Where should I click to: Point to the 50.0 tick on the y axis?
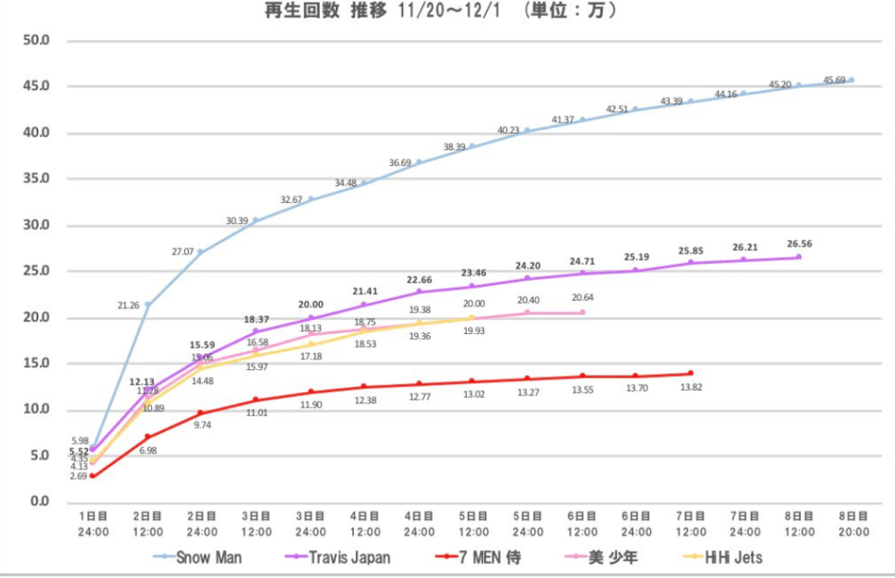pyautogui.click(x=39, y=40)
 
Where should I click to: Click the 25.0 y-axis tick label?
pyautogui.click(x=39, y=271)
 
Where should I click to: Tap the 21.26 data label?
pyautogui.click(x=128, y=305)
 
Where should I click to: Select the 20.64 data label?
pyautogui.click(x=582, y=298)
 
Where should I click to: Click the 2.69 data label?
pyautogui.click(x=77, y=477)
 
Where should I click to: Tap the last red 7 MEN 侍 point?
pyautogui.click(x=690, y=373)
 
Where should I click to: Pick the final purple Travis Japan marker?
pyautogui.click(x=798, y=256)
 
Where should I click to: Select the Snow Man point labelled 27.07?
pyautogui.click(x=201, y=252)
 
